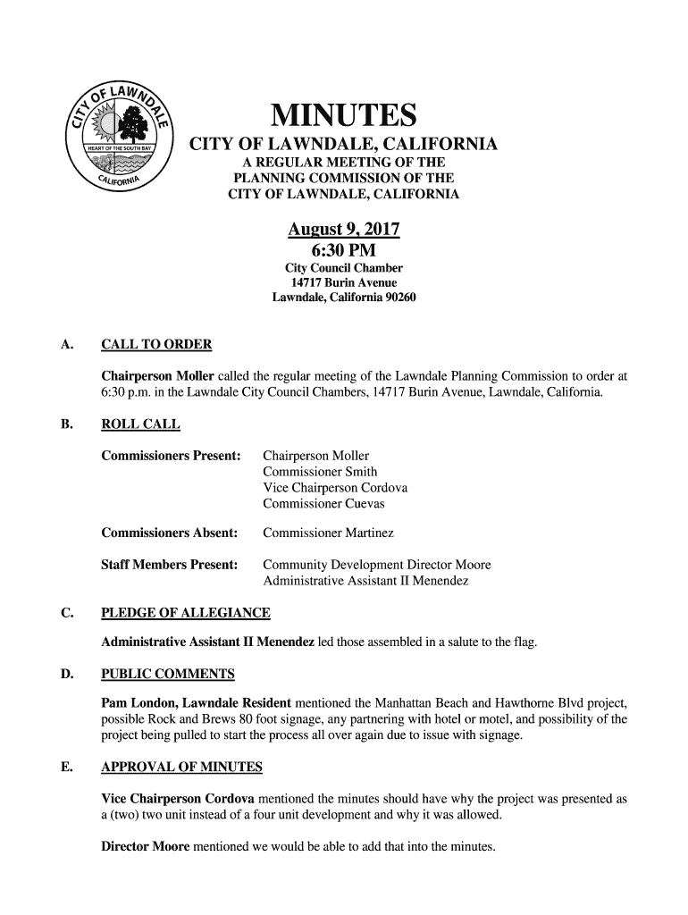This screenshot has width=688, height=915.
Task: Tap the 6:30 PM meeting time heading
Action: coord(343,250)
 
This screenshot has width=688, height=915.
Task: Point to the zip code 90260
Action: coord(397,298)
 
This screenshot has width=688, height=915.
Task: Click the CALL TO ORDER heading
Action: coord(156,345)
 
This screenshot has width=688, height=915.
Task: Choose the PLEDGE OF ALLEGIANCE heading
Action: coord(186,613)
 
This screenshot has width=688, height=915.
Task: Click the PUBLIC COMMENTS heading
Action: coord(168,674)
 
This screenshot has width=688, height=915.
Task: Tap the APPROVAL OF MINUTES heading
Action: coord(181,767)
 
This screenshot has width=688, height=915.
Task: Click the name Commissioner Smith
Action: coord(320,472)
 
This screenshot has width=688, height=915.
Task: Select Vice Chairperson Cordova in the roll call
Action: coord(335,488)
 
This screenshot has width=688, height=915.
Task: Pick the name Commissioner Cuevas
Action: coord(323,504)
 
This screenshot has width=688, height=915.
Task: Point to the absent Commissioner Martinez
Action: coord(328,533)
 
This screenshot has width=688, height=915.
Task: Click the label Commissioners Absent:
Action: coord(170,533)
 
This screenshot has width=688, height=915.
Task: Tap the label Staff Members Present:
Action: coord(170,565)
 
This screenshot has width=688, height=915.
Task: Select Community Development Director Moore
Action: coord(376,565)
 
